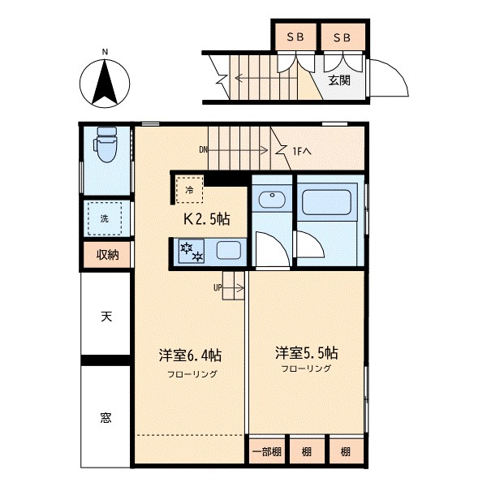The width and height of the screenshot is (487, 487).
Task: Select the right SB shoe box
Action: tap(342, 37)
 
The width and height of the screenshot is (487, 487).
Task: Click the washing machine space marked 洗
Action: tap(105, 218)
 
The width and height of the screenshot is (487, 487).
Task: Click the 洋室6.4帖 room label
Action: tap(191, 356)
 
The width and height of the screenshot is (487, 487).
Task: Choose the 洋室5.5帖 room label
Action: tap(306, 353)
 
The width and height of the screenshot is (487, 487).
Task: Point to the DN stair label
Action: tap(203, 149)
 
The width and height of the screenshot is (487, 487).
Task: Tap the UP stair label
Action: tap(218, 287)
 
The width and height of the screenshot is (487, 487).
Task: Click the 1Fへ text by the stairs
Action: tap(303, 150)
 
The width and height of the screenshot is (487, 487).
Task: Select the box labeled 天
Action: tap(106, 316)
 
